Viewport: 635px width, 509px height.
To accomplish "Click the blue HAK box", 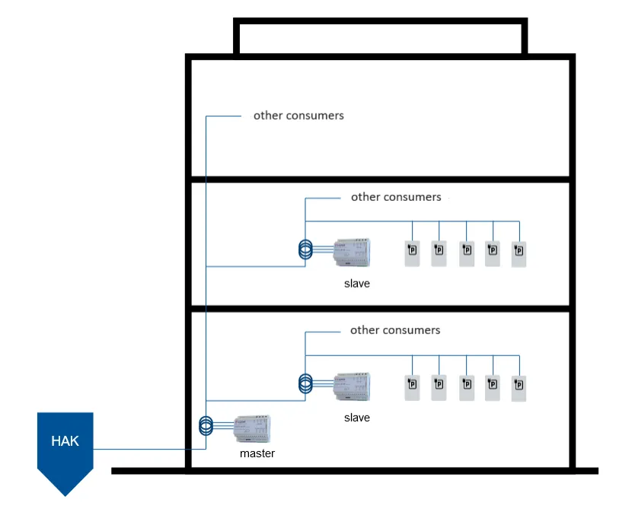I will pos(65,445).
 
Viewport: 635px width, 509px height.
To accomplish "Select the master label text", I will pos(257,453).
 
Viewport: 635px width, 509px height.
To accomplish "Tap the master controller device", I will pos(253,430).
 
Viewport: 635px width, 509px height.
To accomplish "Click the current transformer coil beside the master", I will pos(205,425).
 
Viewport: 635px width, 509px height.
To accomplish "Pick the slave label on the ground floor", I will pos(356,418).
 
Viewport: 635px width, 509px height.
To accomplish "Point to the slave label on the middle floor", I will pos(356,284).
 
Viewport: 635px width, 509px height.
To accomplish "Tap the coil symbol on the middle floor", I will pos(305,250).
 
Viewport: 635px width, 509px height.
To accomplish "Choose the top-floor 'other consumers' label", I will pos(298,116).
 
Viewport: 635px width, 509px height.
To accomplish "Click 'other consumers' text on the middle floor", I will pos(396,197).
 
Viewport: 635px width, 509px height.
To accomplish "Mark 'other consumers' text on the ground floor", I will pos(395,330).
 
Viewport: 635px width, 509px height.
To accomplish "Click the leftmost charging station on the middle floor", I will pos(412,253).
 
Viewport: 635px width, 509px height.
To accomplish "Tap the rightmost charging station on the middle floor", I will pos(519,253).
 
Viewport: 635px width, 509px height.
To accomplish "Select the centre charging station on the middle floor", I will pos(466,253).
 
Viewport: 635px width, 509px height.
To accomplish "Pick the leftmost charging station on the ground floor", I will pos(412,387).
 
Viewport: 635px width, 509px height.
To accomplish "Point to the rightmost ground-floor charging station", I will pos(519,387).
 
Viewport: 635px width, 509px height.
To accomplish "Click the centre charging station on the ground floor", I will pos(466,387).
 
